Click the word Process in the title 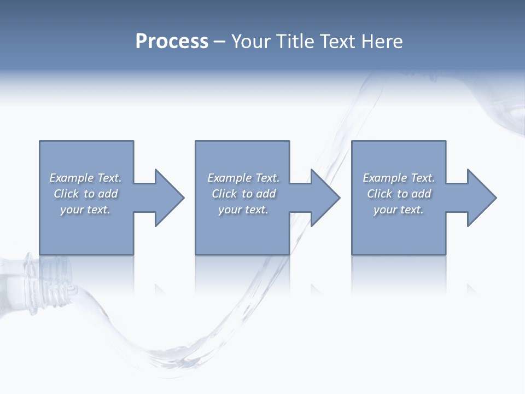pos(172,42)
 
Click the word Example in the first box pos(72,178)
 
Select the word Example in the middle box pos(230,178)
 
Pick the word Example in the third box pos(385,178)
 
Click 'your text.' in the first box pos(85,210)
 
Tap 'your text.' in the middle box pos(243,210)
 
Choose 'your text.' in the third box pos(399,210)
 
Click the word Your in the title pos(252,42)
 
